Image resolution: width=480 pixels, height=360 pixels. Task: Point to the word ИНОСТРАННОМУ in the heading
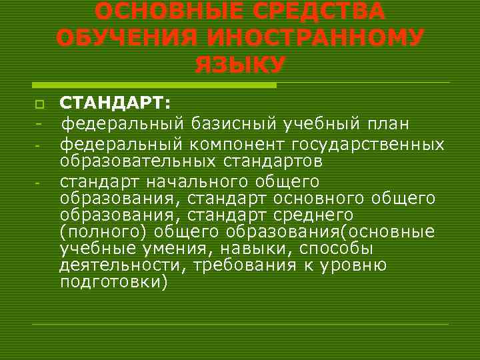[313, 38]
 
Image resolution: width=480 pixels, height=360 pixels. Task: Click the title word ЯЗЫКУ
[239, 65]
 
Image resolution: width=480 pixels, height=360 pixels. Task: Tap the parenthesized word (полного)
[103, 232]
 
